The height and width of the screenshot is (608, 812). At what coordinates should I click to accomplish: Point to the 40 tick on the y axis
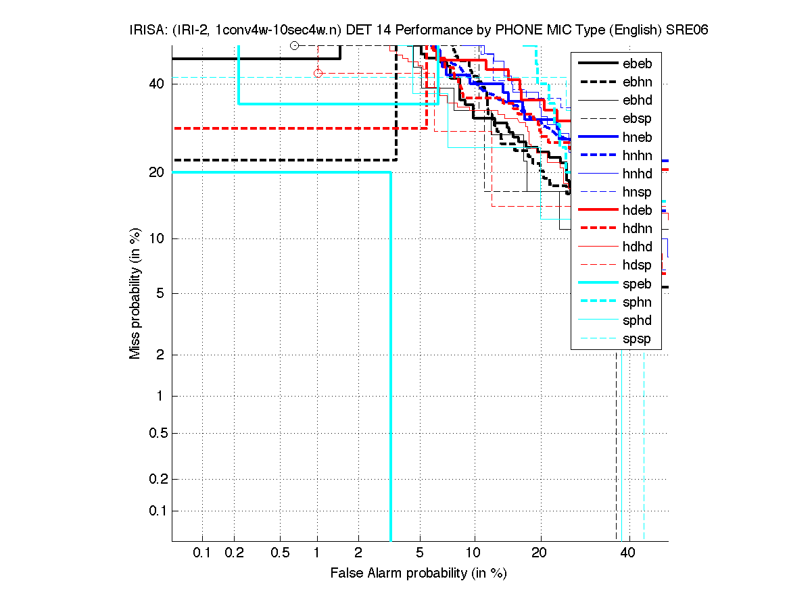tap(155, 84)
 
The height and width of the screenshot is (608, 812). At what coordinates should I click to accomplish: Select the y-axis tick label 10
tap(155, 238)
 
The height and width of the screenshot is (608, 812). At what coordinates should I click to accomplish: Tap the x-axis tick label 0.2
tap(234, 553)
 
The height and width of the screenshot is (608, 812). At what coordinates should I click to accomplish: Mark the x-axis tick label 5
tap(420, 553)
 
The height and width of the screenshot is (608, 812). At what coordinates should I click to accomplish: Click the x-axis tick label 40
tap(629, 553)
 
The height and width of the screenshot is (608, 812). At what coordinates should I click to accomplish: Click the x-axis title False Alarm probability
tap(418, 573)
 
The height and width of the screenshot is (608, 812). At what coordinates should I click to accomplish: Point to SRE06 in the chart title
tap(687, 30)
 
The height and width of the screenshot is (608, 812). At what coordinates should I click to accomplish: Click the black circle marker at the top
tap(294, 45)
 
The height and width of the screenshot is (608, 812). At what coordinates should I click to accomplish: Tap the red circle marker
tap(318, 73)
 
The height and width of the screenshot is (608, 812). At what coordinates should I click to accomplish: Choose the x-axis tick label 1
tap(317, 553)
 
